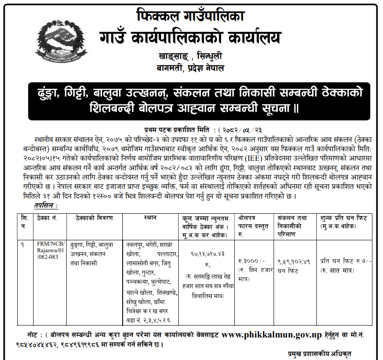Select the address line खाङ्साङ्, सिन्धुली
(191, 57)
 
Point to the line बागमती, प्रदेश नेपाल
(191, 68)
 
